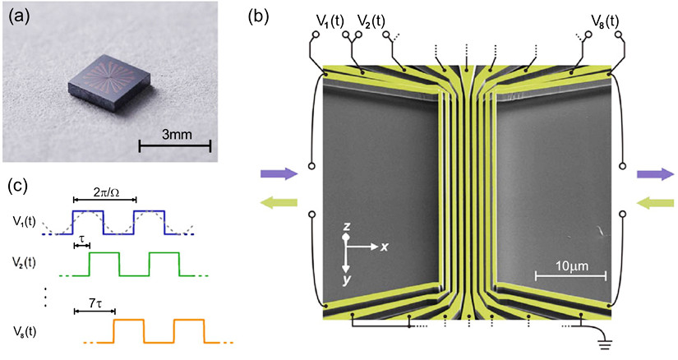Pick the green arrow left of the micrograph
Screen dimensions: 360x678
279,202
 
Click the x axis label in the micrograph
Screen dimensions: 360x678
383,247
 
